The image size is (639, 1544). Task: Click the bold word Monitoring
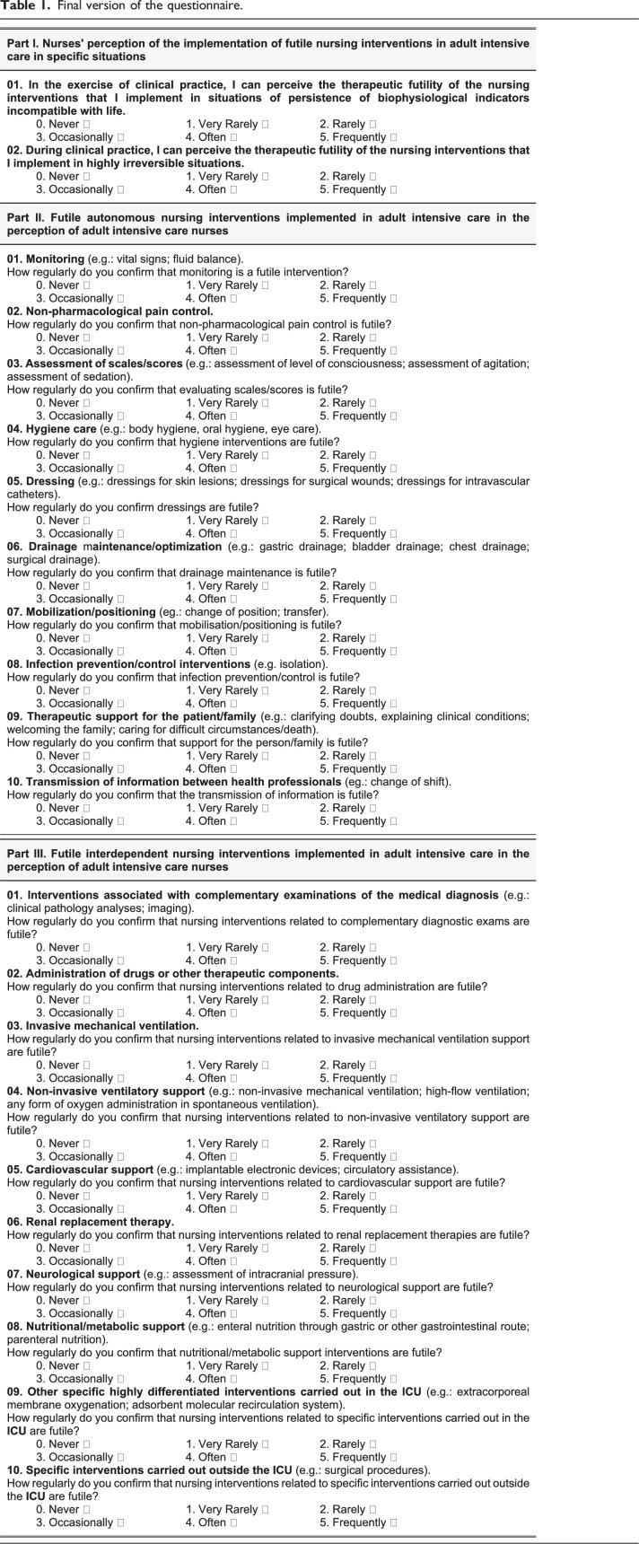coord(57,259)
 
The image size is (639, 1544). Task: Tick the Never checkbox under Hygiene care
coord(86,455)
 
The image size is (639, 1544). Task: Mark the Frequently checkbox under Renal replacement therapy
coord(393,1261)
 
